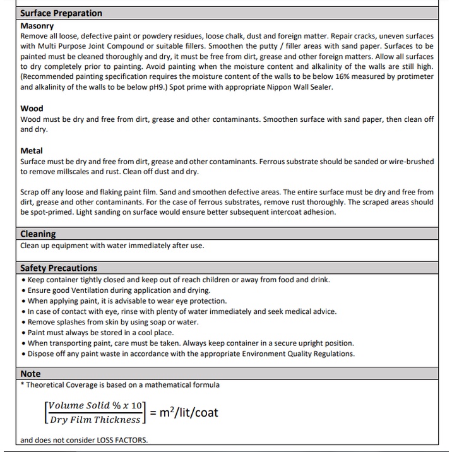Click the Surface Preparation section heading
(61, 13)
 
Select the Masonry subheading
(37, 27)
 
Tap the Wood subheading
(32, 109)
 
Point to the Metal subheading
(32, 151)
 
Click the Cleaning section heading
(38, 234)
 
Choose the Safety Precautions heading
(59, 268)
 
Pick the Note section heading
(30, 374)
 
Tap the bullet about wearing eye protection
(127, 301)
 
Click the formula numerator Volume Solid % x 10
(95, 405)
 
